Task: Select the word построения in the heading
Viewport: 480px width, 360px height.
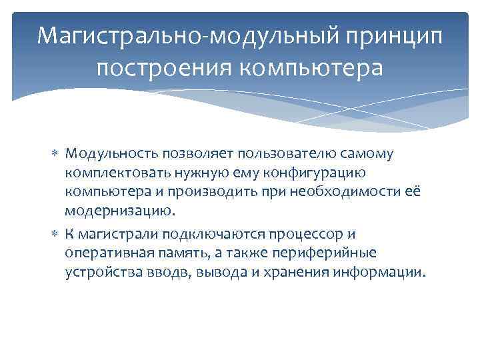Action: pos(155,68)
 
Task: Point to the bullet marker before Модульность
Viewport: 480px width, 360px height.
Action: pos(55,154)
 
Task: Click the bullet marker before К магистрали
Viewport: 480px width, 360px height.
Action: pos(55,234)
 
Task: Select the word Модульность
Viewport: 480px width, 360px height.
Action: pos(105,154)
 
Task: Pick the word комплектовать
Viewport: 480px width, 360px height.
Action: pos(107,174)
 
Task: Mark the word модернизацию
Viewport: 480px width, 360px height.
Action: pos(119,213)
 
